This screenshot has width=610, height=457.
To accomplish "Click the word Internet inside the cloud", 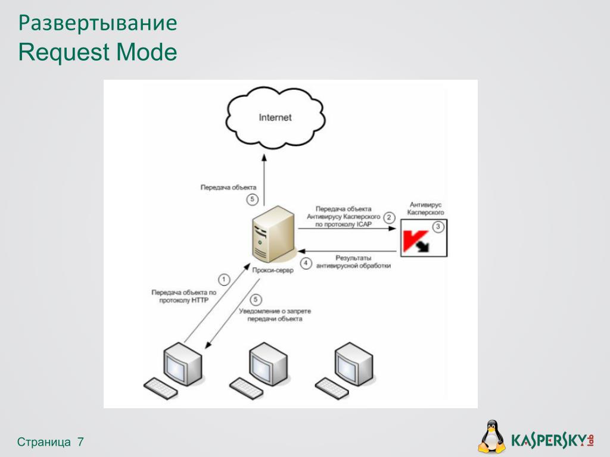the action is coord(275,117).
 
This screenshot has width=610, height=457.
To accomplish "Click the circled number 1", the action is coord(224,279).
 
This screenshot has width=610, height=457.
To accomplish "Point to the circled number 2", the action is coord(390,217).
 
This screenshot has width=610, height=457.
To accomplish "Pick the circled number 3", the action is coord(438,227).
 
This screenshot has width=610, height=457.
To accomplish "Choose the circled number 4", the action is coord(306,263).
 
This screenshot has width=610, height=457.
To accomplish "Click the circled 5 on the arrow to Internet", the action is coord(253,199).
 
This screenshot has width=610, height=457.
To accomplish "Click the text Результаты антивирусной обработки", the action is coord(353,262).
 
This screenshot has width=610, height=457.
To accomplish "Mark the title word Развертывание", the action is coord(98,23).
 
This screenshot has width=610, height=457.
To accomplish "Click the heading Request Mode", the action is coord(98,52).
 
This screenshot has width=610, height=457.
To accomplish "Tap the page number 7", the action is coord(80,442).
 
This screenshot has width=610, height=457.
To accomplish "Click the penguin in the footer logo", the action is coord(492,437).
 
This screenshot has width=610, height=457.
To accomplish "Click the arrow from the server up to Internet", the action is coord(264,179).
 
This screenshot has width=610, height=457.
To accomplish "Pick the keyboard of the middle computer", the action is coord(247,388).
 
